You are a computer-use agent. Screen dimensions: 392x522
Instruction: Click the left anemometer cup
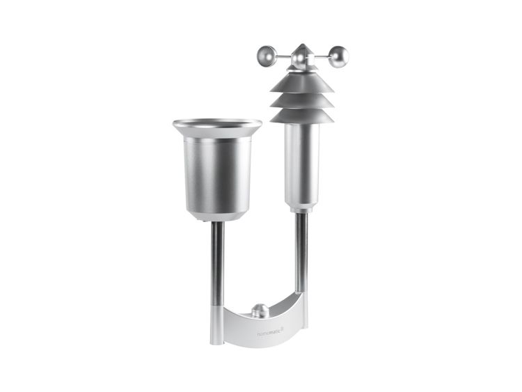[x=266, y=54]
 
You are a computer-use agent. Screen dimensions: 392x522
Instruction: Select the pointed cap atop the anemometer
[x=300, y=52]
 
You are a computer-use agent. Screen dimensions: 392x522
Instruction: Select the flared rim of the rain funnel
[x=217, y=125]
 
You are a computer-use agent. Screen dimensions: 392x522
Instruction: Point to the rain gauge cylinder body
[x=217, y=171]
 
